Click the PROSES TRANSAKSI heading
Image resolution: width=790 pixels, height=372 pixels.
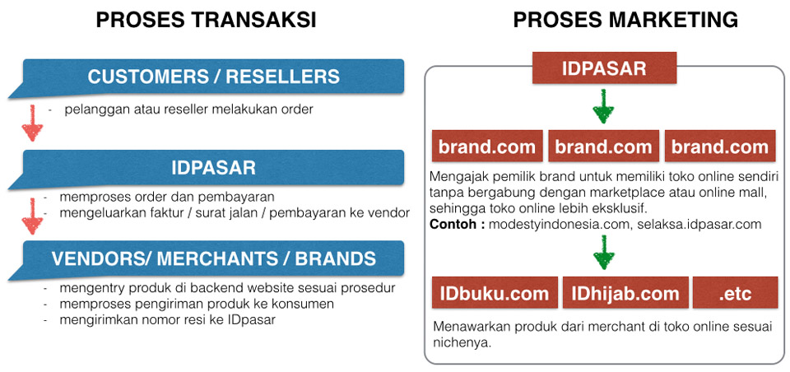tap(206, 20)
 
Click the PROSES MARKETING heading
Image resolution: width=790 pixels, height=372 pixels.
tap(625, 20)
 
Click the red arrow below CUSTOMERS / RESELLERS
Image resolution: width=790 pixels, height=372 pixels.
tap(32, 123)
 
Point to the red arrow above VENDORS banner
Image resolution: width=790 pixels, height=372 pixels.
tap(32, 216)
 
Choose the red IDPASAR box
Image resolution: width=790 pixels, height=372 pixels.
tap(604, 68)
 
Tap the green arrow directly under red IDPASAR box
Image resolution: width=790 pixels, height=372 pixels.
tap(603, 106)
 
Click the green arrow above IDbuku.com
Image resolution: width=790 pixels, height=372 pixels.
tap(603, 253)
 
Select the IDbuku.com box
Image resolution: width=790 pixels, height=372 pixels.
tap(495, 292)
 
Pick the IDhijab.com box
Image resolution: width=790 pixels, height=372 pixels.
tap(625, 292)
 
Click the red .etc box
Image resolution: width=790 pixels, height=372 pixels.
tap(736, 292)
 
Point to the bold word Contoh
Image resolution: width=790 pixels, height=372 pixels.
tap(453, 225)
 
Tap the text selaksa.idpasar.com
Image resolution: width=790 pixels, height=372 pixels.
tap(699, 225)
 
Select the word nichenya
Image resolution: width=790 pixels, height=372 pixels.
tap(462, 343)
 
